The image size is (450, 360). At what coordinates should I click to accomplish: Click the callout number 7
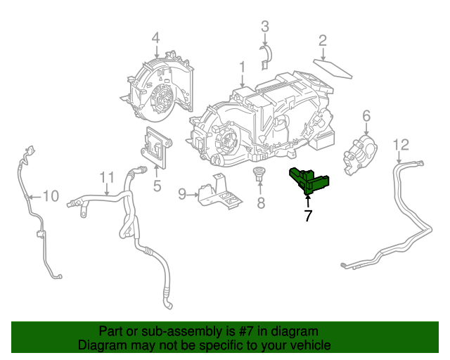(x=307, y=217)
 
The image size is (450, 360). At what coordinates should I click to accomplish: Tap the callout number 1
(x=241, y=67)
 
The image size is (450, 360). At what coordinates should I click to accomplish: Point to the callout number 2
(x=322, y=40)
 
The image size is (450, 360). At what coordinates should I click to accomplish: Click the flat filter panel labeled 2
(x=335, y=69)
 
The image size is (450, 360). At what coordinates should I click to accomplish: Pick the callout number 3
(x=265, y=27)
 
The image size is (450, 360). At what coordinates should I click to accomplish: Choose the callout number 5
(x=157, y=186)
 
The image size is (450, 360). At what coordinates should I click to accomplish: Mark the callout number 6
(x=366, y=115)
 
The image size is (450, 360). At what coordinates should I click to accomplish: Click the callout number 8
(x=260, y=204)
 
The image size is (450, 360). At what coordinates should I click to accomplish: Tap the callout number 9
(x=182, y=193)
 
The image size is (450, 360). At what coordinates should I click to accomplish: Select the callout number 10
(x=51, y=195)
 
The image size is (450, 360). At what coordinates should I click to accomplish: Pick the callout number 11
(x=106, y=176)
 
